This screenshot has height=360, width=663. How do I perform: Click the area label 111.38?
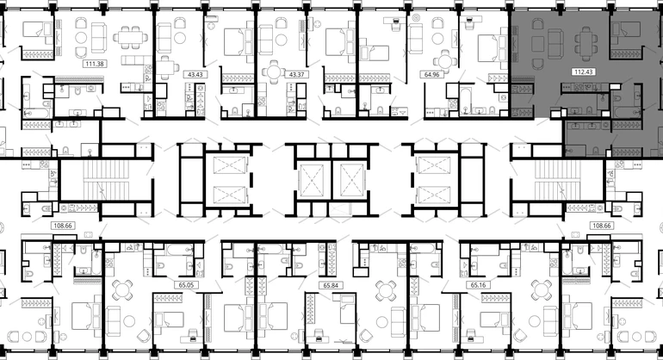tap(95, 64)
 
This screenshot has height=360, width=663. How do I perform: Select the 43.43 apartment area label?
tap(195, 74)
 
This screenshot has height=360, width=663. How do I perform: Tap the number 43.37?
tap(296, 74)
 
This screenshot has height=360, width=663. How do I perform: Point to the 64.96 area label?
tap(431, 74)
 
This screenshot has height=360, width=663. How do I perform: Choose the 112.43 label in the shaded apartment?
tap(583, 72)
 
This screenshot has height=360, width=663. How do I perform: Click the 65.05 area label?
tap(186, 285)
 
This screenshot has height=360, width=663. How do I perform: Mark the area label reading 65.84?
tap(331, 286)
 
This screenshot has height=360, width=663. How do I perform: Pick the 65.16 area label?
tap(478, 285)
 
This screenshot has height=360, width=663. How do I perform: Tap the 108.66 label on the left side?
tap(63, 226)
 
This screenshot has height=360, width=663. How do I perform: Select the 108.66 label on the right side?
tap(601, 226)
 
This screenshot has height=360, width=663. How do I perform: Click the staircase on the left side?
tap(105, 179)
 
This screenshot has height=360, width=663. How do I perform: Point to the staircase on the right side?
tap(557, 179)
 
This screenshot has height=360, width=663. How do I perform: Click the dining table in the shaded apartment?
tap(586, 44)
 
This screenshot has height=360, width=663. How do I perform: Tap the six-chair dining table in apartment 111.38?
tap(130, 39)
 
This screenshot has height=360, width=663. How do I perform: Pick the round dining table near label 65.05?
tap(123, 290)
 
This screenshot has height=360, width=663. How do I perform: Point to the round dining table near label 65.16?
tap(542, 290)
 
